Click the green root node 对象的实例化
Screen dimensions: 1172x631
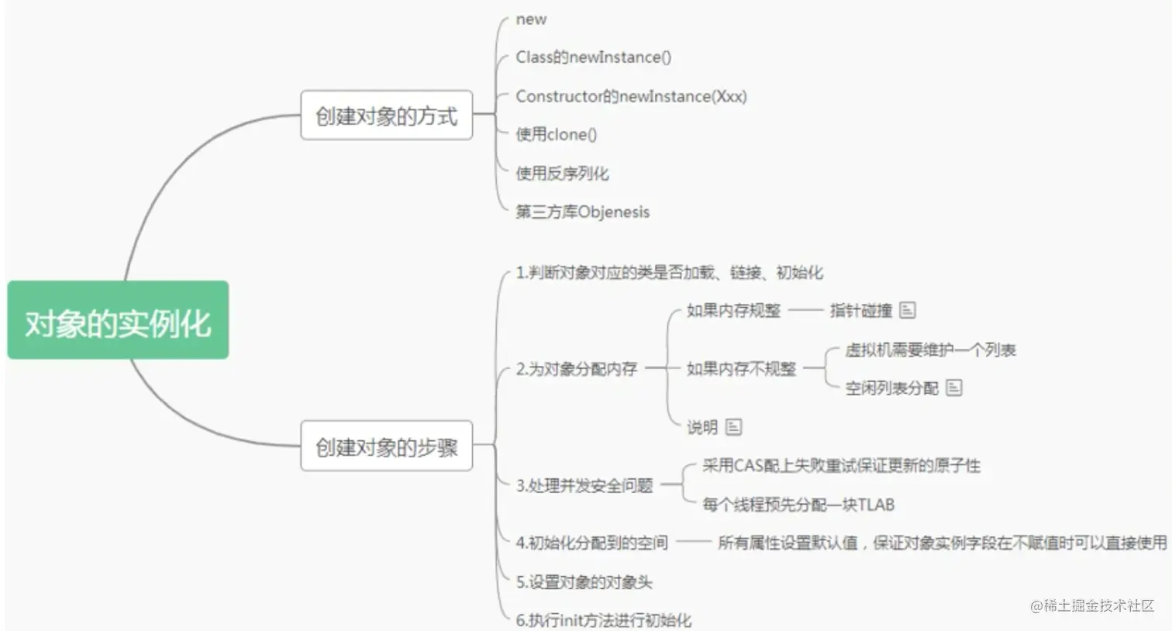coord(118,320)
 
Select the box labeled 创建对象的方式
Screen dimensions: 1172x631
coord(386,116)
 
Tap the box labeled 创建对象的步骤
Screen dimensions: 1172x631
coord(386,447)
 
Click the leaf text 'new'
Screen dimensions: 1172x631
coord(531,19)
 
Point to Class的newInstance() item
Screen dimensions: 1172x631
coord(593,57)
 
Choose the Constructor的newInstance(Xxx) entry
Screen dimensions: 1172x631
coord(631,96)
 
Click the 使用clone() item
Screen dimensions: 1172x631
coord(556,134)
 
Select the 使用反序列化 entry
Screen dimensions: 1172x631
coord(562,173)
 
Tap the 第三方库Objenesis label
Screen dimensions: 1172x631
coord(582,212)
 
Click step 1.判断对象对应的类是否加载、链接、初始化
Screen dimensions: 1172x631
coord(669,272)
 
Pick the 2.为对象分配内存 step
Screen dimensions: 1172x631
coord(576,369)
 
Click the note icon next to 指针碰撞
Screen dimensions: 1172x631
coord(908,310)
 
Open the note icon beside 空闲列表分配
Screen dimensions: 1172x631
coord(954,388)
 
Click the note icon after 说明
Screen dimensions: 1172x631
coord(733,426)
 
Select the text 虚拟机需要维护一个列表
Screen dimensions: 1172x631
coord(929,350)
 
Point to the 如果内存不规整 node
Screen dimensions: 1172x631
coord(741,369)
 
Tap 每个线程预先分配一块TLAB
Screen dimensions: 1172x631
coord(798,505)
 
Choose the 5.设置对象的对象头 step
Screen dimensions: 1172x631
coord(584,581)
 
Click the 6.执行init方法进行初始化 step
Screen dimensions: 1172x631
coord(603,620)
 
